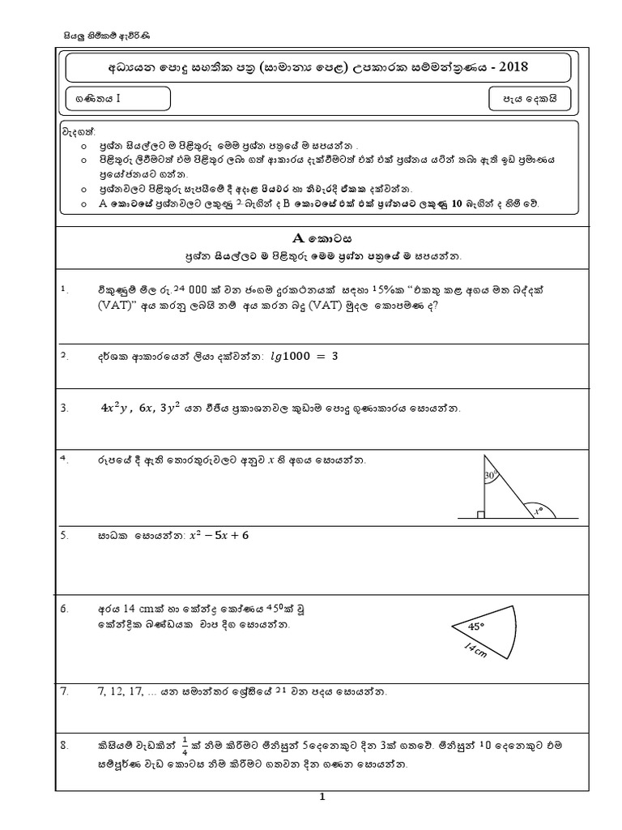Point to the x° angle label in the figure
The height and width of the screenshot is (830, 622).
pos(536,511)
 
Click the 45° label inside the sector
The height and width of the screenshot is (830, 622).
pos(476,626)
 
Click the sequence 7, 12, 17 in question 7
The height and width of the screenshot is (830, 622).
pos(119,691)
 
